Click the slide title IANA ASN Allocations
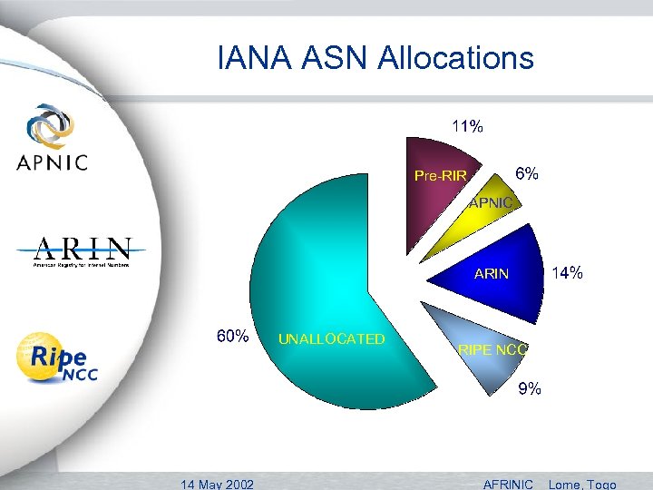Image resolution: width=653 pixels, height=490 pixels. click(x=375, y=59)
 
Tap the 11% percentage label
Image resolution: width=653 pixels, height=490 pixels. click(x=468, y=127)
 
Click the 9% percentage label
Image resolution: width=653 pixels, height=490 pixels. click(x=530, y=389)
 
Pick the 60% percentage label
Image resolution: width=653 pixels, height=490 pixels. click(x=232, y=337)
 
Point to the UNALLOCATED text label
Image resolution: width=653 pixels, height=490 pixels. click(x=331, y=339)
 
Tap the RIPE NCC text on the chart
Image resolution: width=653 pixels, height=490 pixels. click(x=492, y=349)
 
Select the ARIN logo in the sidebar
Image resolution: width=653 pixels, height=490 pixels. click(x=82, y=252)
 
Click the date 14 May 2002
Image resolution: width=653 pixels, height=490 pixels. click(x=217, y=484)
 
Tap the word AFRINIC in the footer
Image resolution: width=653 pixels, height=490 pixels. click(x=509, y=484)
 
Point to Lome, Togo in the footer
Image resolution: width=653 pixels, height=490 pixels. click(x=584, y=484)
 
